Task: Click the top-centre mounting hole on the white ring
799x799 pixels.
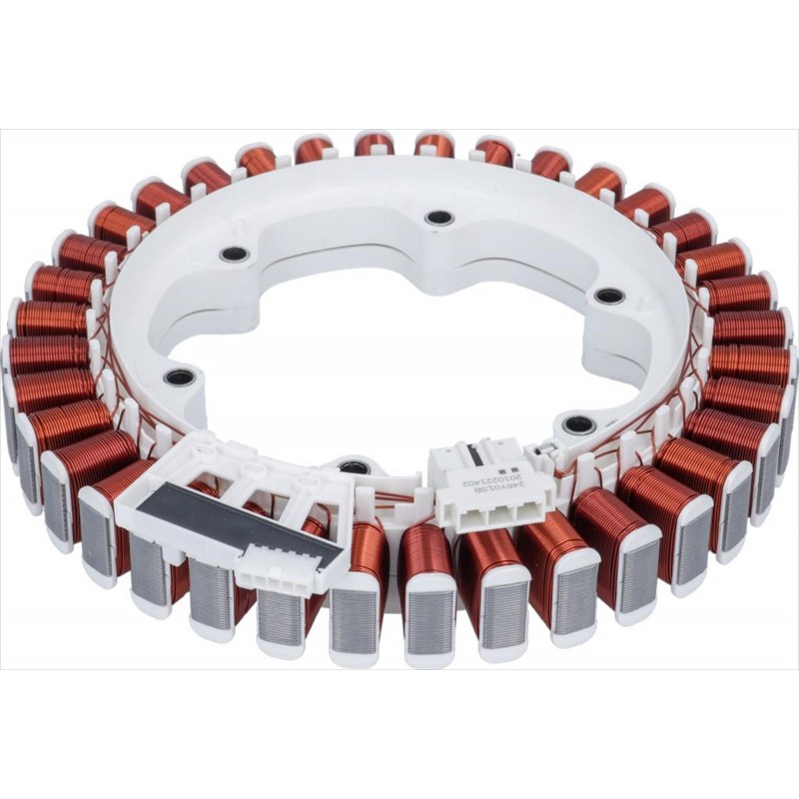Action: tap(439, 218)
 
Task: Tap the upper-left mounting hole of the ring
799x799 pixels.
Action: tap(235, 254)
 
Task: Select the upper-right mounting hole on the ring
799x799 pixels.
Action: tap(608, 296)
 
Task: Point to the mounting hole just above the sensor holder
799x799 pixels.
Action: tap(180, 378)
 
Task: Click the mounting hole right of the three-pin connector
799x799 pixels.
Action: tap(579, 424)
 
